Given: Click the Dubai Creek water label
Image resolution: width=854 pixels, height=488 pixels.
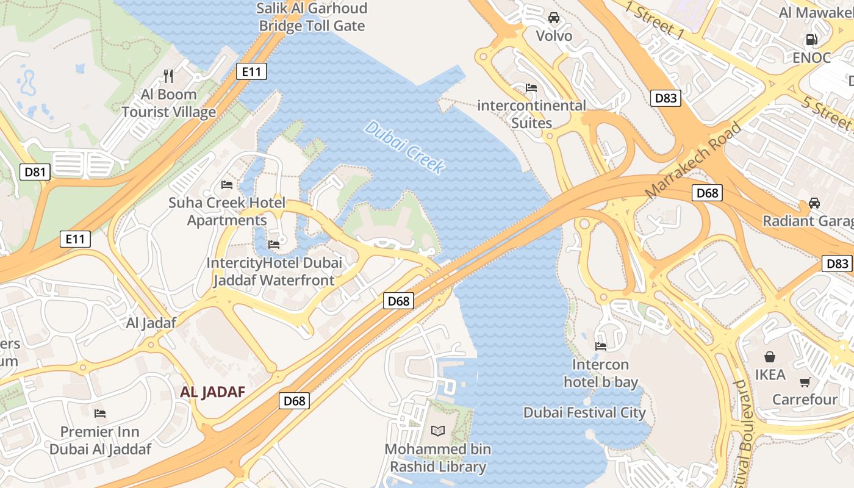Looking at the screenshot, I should point(404,147).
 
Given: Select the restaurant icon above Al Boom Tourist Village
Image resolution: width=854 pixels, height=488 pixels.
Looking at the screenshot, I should point(169,76).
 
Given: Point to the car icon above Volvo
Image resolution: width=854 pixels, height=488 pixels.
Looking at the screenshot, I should point(554,18).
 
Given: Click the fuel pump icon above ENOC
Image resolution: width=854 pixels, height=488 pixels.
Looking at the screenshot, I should point(811,40).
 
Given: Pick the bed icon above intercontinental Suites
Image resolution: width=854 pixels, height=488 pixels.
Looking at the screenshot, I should point(531,88).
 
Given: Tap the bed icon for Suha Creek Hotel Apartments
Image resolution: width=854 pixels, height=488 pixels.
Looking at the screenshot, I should point(227,185).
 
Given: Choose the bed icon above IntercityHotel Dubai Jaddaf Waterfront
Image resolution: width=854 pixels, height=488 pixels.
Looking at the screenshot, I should point(274,245).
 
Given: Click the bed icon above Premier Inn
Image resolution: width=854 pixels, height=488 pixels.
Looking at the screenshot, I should point(100,414).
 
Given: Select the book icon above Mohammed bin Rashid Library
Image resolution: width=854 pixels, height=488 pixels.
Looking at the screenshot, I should point(438,431).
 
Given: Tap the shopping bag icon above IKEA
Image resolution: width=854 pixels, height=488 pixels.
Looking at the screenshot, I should point(770,356).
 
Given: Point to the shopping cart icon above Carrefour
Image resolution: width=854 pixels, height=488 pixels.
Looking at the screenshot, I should point(805,382).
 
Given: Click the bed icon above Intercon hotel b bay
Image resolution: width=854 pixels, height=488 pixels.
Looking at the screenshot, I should point(601,346).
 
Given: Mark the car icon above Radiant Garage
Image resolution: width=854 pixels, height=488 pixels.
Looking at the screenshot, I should point(814,203).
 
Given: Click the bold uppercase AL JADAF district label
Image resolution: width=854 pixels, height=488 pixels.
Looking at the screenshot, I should point(212,392).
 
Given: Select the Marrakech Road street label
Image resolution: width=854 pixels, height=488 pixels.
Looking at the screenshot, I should point(693,160).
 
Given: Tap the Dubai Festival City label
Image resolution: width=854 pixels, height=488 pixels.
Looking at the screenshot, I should point(584,413).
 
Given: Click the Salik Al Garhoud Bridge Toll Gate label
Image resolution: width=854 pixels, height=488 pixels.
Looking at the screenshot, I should point(312,17).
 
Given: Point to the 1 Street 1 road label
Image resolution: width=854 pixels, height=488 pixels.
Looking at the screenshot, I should point(654,21).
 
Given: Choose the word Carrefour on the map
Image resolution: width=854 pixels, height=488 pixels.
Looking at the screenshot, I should point(805,400).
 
